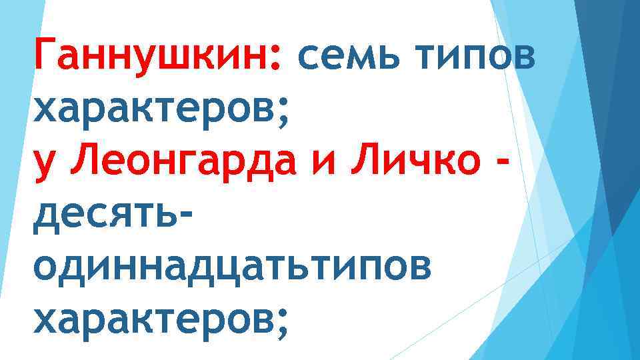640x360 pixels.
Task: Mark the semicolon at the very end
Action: tap(282, 323)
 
